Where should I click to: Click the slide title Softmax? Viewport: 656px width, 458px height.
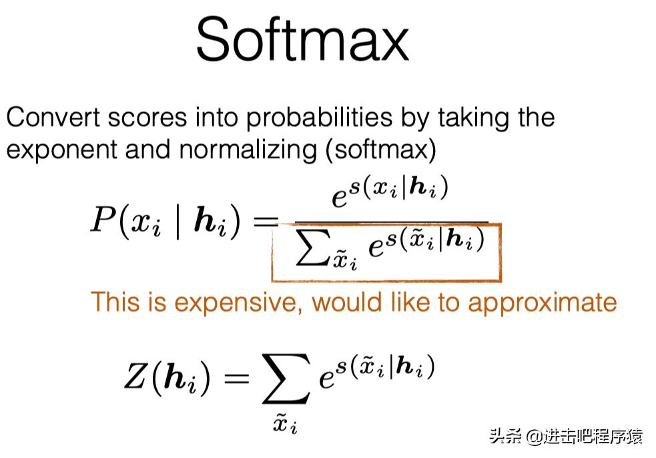point(302,40)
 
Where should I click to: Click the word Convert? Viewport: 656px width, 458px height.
point(53,118)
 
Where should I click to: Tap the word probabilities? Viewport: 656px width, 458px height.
point(319,119)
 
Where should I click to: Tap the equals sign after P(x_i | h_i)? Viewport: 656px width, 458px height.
point(266,220)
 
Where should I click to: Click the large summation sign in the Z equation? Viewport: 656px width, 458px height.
point(286,379)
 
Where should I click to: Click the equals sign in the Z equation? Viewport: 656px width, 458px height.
point(237,378)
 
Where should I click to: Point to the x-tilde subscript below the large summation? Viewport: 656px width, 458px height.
point(285,423)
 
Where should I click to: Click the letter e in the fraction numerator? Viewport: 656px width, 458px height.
point(340,198)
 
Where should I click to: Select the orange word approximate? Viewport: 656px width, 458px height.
point(542,303)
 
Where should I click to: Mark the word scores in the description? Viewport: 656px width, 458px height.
point(147,118)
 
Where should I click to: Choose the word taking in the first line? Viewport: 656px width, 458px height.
point(473,119)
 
